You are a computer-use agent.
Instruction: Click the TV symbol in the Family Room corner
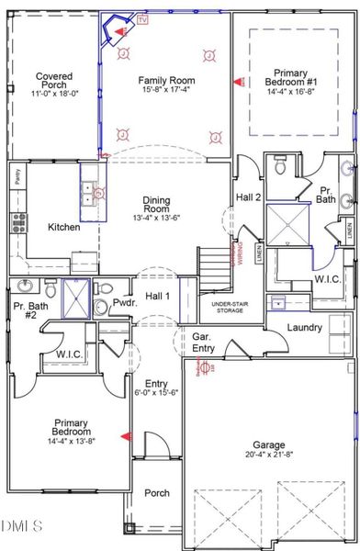pos(141,19)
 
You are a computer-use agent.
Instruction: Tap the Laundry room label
pos(303,327)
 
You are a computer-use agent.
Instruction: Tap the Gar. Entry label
pos(202,342)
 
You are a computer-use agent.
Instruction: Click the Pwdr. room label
pos(125,301)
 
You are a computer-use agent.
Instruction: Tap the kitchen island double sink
pos(90,192)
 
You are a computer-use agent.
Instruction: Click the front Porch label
pos(157,493)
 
